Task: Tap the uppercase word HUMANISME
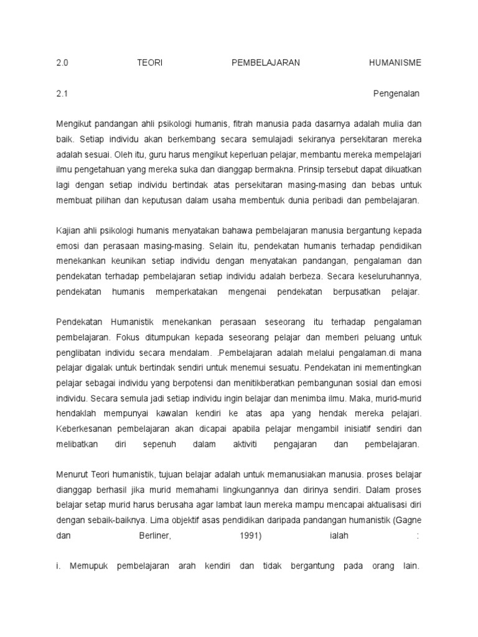pos(395,62)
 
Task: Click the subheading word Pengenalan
pos(396,94)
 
